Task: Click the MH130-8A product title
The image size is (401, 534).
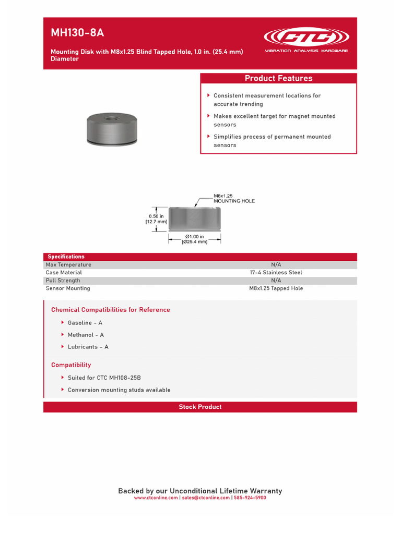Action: point(77,33)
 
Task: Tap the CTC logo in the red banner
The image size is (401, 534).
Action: point(306,38)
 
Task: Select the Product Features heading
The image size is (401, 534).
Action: point(278,78)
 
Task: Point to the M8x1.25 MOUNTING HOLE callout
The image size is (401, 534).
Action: point(234,198)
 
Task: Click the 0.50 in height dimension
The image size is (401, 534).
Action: point(156,219)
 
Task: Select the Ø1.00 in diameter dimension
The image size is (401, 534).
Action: point(194,239)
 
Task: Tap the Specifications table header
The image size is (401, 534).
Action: point(66,257)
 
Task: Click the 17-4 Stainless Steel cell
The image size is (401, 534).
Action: point(276,272)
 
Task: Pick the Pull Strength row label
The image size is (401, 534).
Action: point(63,281)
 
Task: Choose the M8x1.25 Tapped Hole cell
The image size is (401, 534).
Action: point(276,288)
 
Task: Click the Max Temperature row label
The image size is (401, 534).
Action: point(68,264)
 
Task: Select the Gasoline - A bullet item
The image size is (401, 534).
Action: point(85,323)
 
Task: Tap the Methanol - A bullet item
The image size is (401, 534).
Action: point(86,335)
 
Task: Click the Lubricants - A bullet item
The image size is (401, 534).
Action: point(88,347)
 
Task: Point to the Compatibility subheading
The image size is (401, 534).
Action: point(71,365)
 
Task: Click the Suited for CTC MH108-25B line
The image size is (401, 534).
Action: point(104,378)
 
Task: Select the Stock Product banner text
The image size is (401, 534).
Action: point(200,407)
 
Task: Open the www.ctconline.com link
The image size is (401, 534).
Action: point(156,498)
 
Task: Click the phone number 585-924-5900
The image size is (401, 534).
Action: point(250,498)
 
